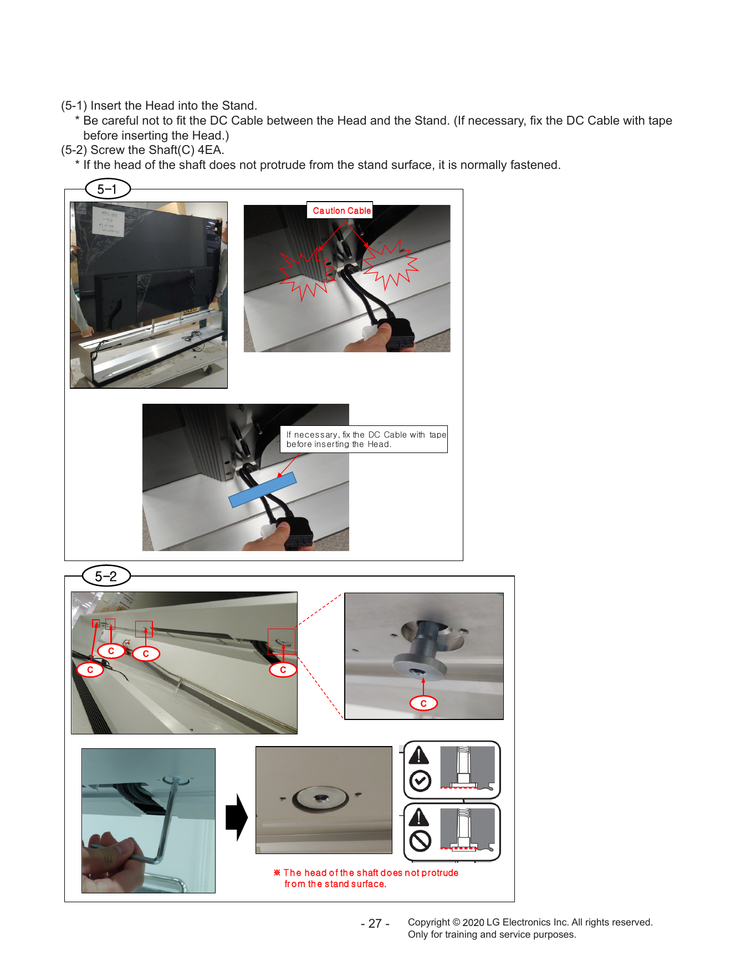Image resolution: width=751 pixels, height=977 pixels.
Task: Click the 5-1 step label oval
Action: point(108,189)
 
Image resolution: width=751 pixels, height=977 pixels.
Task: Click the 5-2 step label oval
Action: point(106,576)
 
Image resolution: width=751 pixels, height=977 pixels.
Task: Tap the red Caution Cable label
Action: point(341,210)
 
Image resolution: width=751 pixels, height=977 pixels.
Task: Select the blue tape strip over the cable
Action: point(263,490)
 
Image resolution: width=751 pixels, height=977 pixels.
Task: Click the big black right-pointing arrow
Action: point(237,817)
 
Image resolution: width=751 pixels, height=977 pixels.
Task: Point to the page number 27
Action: point(375,923)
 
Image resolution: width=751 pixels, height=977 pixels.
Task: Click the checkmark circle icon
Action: point(420,781)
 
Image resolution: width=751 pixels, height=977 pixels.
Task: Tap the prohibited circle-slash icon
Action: point(420,841)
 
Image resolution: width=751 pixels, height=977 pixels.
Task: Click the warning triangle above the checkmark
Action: point(419,755)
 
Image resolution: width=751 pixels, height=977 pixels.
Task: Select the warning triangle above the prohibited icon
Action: point(419,816)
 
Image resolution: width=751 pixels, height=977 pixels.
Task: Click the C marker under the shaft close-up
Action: point(423,703)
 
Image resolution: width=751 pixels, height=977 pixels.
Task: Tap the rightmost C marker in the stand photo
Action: point(283,670)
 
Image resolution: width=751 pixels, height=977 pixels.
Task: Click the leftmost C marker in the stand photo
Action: point(90,670)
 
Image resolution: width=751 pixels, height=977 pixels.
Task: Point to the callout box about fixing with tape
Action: point(364,439)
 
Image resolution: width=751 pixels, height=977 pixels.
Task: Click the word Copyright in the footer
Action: point(429,922)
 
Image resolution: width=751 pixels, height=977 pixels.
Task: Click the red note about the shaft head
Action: point(366,878)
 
